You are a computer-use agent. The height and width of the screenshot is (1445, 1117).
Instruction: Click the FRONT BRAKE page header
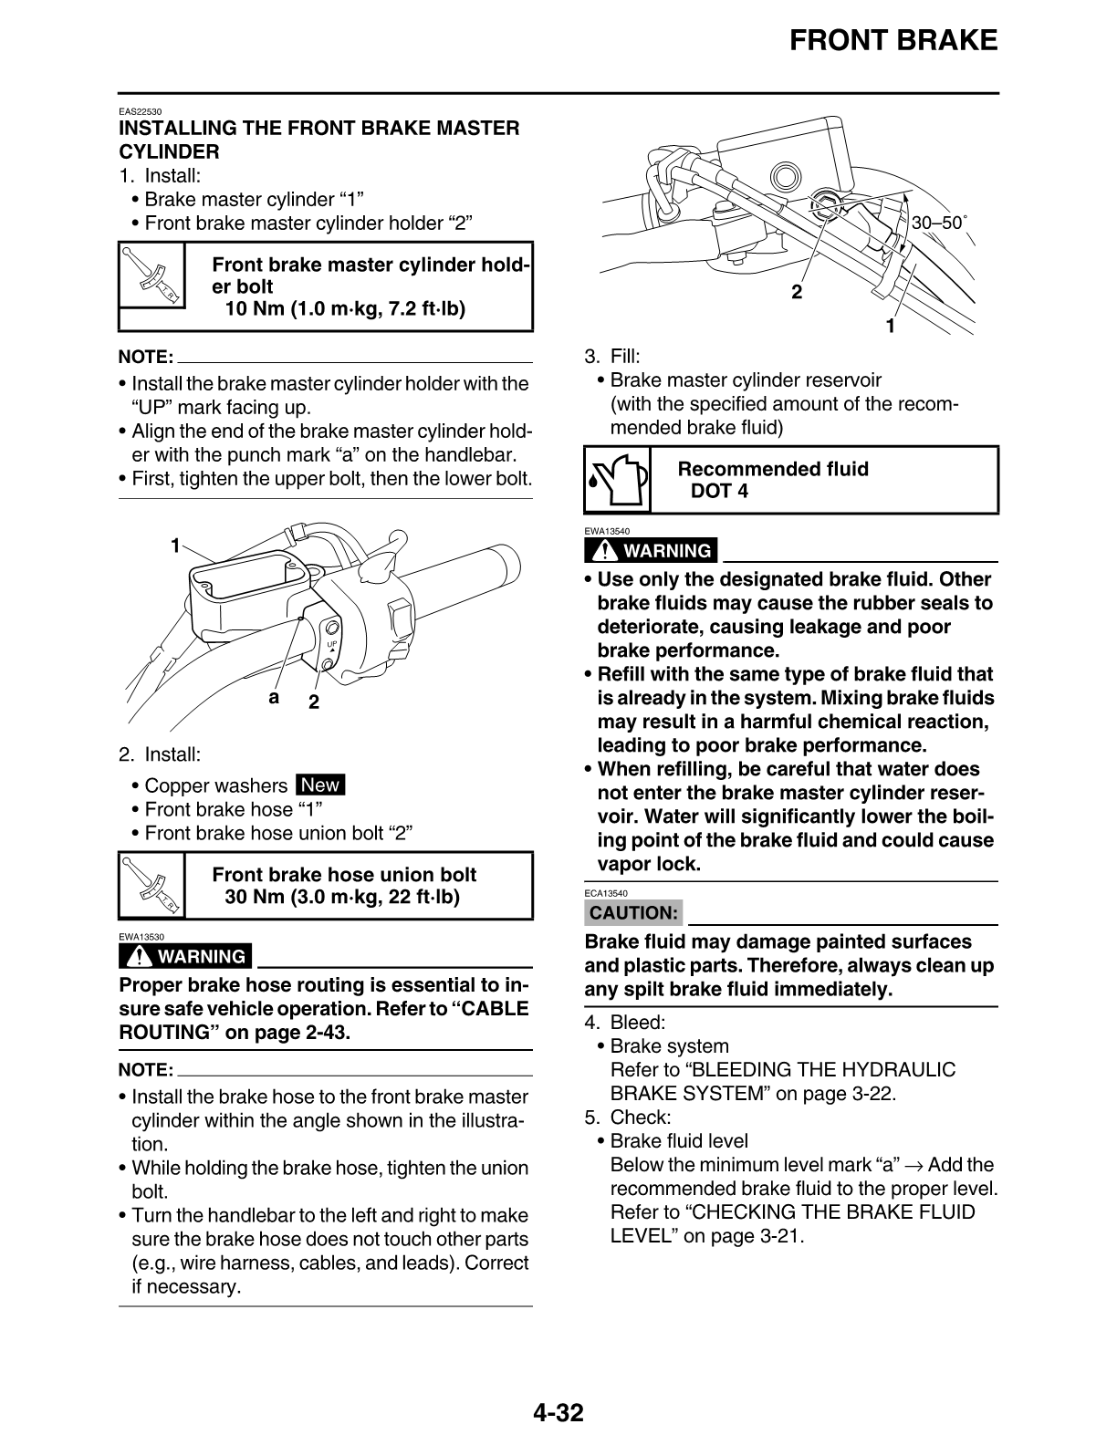pyautogui.click(x=893, y=40)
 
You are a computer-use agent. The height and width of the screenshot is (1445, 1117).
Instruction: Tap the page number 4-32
pyautogui.click(x=558, y=1413)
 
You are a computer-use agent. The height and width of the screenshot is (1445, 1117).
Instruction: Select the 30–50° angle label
pyautogui.click(x=939, y=222)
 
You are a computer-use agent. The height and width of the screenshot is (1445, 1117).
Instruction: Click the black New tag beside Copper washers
pyautogui.click(x=320, y=785)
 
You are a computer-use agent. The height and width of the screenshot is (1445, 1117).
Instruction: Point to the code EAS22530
pyautogui.click(x=140, y=112)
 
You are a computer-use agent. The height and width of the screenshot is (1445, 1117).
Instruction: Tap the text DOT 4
pyautogui.click(x=719, y=492)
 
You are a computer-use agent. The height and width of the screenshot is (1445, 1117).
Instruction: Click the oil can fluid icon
pyautogui.click(x=617, y=480)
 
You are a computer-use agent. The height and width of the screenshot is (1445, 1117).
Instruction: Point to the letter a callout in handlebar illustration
pyautogui.click(x=273, y=698)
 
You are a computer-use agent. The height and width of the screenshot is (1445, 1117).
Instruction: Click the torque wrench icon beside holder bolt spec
pyautogui.click(x=151, y=286)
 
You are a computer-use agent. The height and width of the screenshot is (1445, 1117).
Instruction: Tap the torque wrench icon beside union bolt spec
pyautogui.click(x=151, y=885)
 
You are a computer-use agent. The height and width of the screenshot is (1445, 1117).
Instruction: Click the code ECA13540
pyautogui.click(x=606, y=893)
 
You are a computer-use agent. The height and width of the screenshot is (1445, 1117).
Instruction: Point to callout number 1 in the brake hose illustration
pyautogui.click(x=891, y=325)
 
